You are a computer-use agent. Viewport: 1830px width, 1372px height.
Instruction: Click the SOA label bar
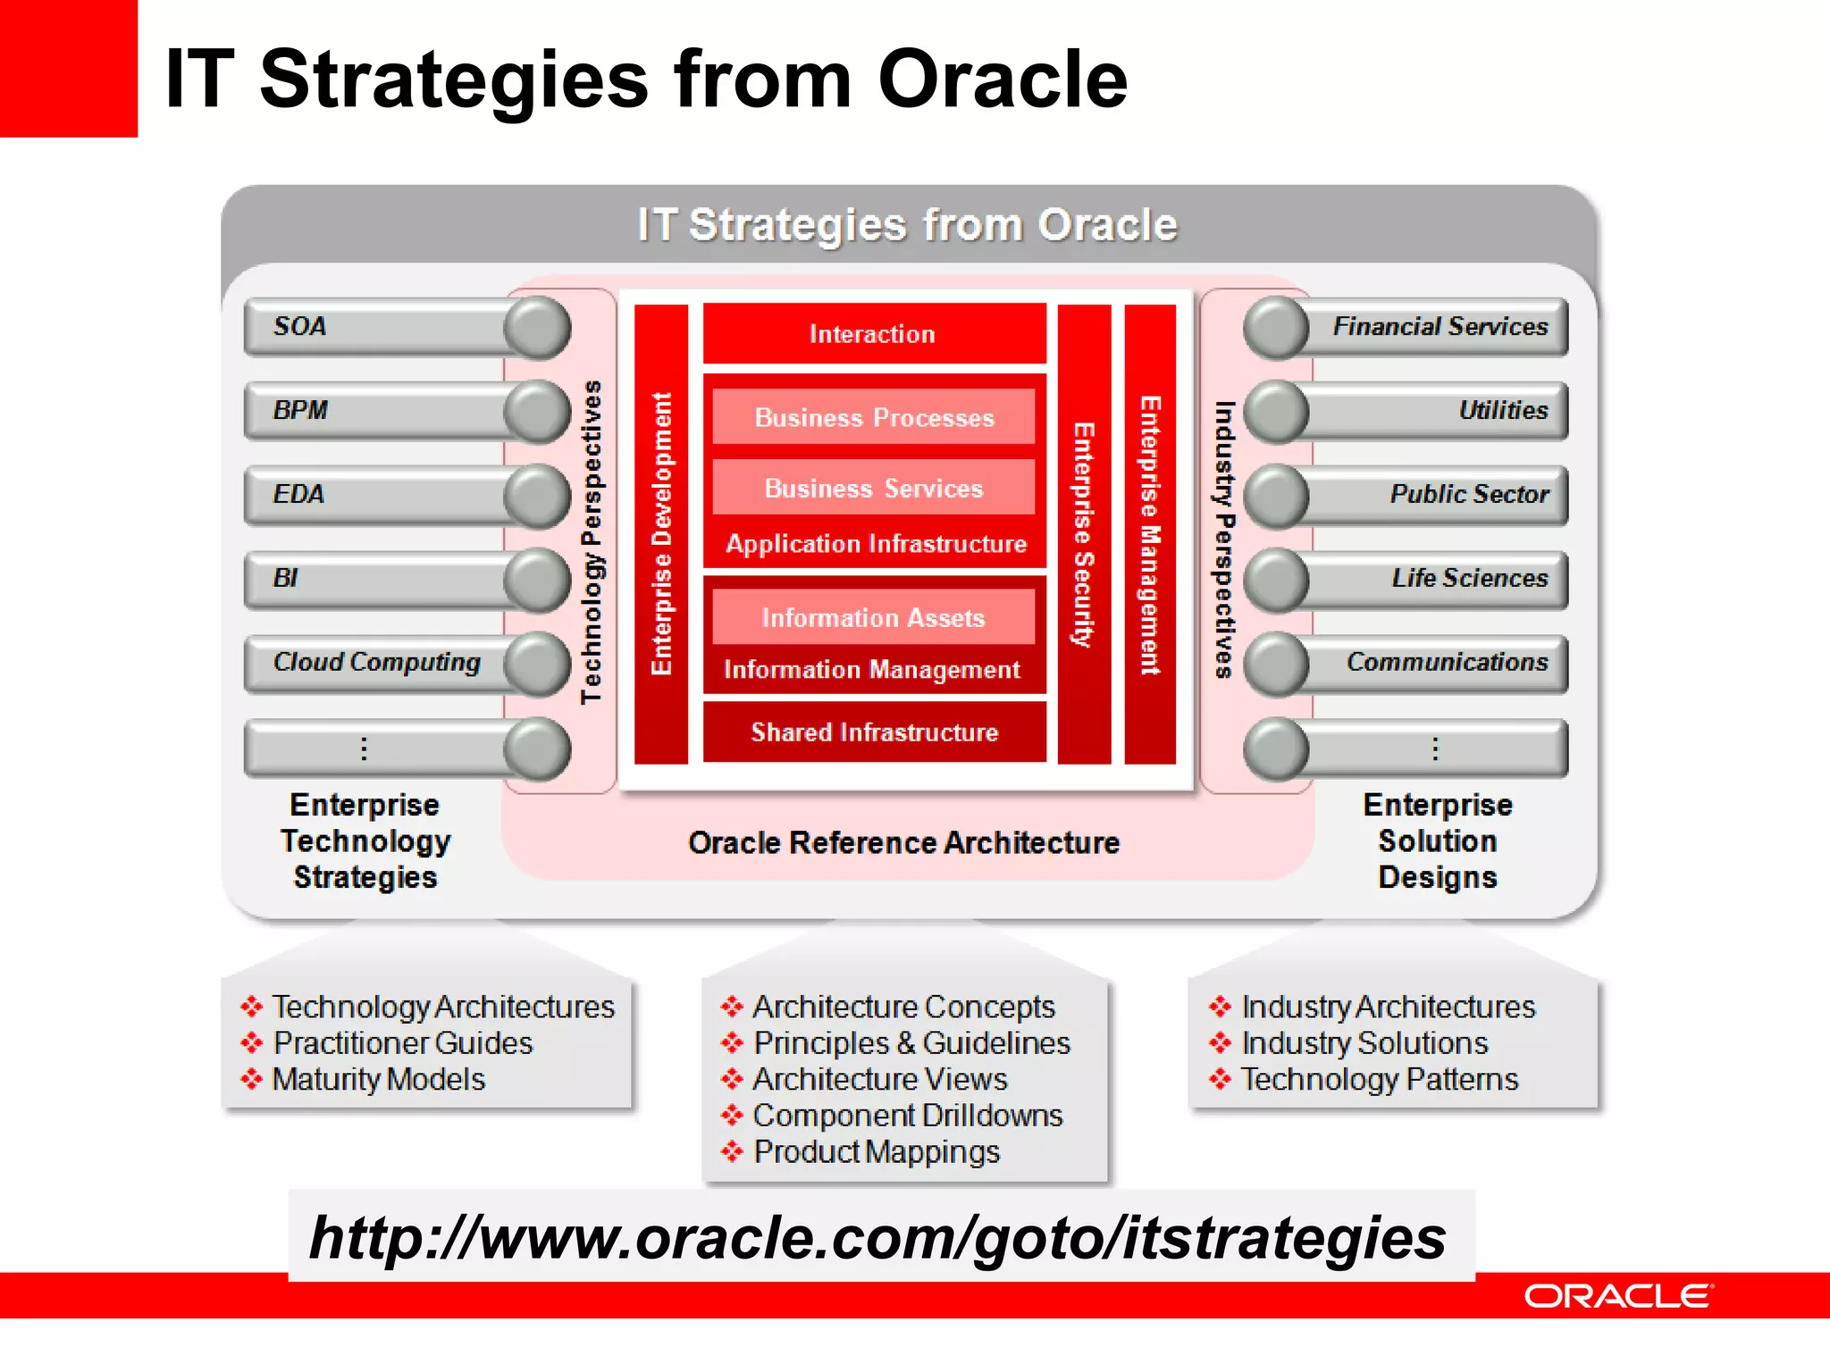375,327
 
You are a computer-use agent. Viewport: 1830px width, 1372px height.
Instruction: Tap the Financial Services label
1440,327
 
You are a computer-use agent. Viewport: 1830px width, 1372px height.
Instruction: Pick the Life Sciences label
1469,579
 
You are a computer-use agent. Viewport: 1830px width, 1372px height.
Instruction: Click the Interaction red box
873,334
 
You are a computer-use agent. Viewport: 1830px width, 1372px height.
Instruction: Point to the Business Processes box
874,417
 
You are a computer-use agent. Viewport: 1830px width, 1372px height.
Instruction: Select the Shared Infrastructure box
874,732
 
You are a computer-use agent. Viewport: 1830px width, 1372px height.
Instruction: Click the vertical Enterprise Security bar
1084,534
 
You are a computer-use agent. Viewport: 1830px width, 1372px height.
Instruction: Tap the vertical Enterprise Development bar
661,534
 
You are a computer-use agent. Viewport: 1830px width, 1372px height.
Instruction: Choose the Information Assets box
873,617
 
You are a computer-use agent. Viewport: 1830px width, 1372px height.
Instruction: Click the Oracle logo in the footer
1618,1296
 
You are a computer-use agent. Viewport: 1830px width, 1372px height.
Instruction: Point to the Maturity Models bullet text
379,1080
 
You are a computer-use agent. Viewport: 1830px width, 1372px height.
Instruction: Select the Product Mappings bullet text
877,1152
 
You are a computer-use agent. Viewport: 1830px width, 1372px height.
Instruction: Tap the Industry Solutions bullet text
1364,1043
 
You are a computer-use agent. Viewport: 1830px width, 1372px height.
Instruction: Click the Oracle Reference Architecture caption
903,843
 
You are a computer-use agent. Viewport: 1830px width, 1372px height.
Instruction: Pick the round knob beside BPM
537,412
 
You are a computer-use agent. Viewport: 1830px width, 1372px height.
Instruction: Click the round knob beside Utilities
1276,412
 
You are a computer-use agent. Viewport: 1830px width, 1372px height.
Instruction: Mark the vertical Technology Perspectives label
592,542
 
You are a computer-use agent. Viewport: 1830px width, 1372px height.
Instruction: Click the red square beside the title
68,68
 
